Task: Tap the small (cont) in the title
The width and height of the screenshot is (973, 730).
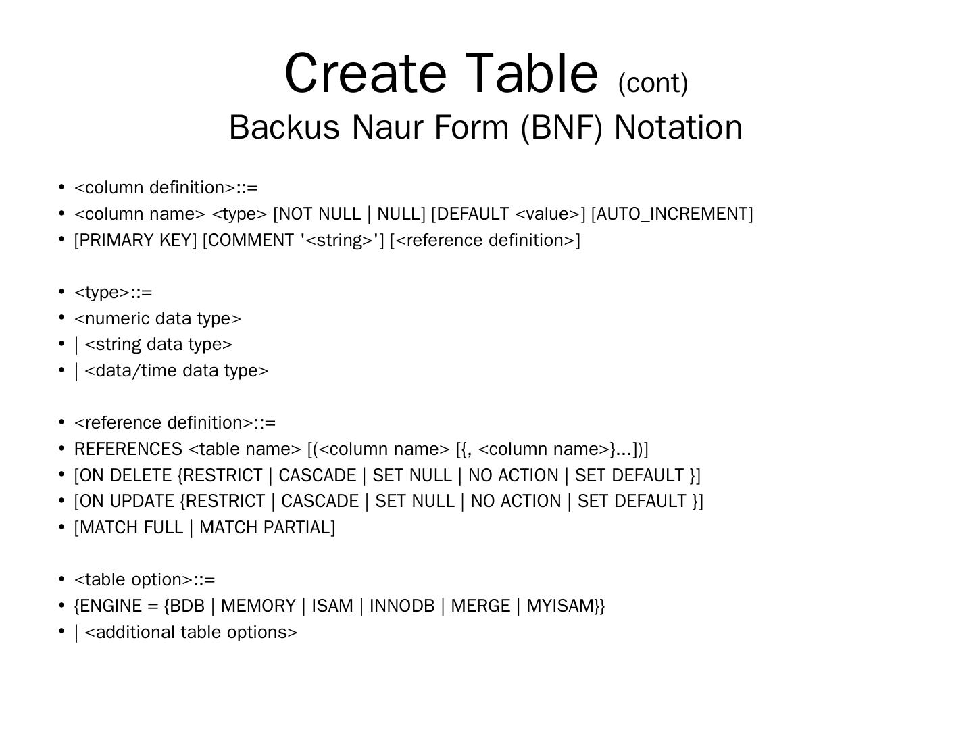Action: point(653,83)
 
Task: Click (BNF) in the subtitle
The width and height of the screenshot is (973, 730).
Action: point(561,127)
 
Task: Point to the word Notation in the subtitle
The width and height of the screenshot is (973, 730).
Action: point(678,127)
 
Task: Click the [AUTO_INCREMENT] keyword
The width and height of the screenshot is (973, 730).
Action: point(672,214)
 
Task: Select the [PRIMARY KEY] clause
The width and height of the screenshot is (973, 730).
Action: point(135,241)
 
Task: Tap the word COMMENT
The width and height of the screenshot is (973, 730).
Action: point(251,241)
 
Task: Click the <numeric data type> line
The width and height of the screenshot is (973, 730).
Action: point(157,318)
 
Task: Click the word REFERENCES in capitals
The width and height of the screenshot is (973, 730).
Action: point(128,449)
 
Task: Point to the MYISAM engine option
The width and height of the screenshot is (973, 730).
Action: point(560,606)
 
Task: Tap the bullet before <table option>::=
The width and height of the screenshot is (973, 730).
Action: point(61,579)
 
